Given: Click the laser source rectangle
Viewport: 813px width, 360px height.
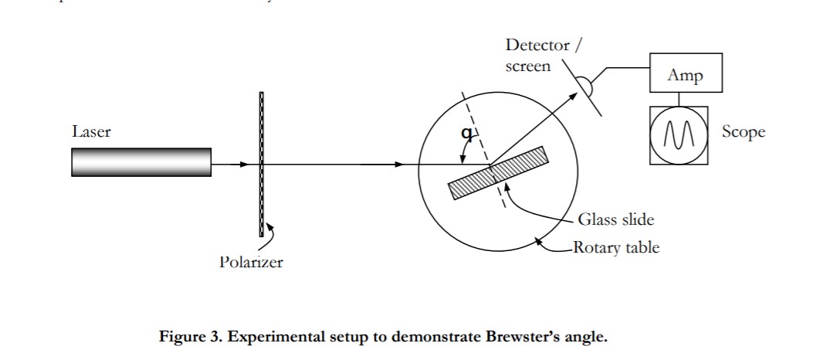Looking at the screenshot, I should point(141,161).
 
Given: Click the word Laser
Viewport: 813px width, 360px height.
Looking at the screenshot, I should point(91,132).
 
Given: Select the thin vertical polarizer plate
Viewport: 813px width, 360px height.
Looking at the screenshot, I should point(262,164).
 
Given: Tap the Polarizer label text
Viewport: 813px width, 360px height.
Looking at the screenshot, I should point(251,263).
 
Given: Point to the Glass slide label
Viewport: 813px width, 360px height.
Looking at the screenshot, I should point(615,219).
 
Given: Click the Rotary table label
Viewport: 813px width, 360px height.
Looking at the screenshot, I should point(616,248).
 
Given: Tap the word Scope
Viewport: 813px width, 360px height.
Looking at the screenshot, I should point(744,132).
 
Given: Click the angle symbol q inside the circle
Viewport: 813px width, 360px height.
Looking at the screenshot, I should point(466,133).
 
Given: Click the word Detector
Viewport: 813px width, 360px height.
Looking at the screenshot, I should point(537,46).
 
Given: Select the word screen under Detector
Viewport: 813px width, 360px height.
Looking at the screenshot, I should point(528,66).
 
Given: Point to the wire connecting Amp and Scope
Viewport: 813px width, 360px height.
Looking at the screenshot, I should point(679,99).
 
